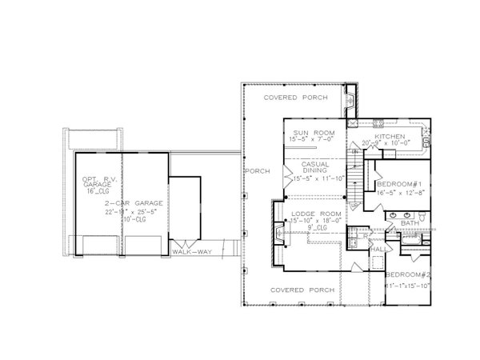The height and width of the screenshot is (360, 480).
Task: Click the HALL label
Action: click(379, 250)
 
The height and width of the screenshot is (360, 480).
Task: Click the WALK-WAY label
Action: click(186, 254)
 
